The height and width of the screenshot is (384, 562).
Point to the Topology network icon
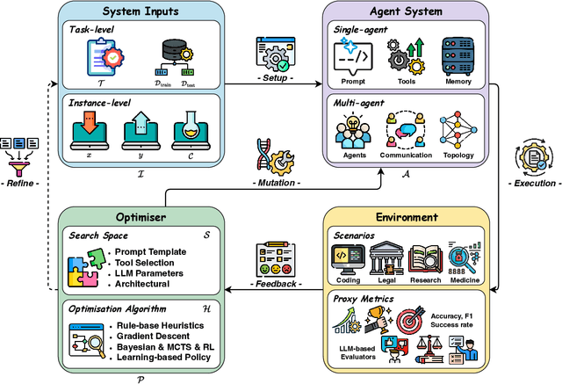click(x=459, y=130)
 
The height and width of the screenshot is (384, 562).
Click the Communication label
click(x=406, y=156)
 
